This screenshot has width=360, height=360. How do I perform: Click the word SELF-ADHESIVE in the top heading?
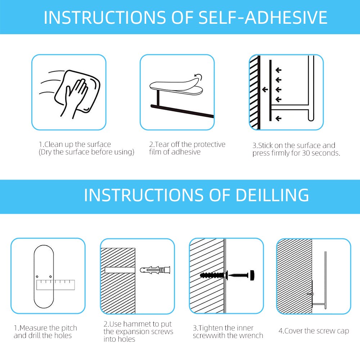click(x=263, y=17)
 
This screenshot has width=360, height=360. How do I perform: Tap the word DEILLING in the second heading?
click(x=272, y=195)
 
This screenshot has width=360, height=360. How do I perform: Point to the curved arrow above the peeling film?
click(x=198, y=77)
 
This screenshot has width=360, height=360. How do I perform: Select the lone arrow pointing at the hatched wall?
click(x=265, y=90)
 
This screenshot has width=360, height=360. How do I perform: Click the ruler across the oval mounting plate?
click(x=56, y=285)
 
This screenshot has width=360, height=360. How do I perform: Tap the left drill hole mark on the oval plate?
click(x=37, y=276)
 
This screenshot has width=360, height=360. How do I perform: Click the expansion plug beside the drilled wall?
click(x=155, y=270)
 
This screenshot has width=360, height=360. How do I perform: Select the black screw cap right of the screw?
click(x=252, y=275)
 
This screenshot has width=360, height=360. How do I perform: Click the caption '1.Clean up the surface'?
click(x=75, y=144)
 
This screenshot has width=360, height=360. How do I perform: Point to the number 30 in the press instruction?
click(x=306, y=153)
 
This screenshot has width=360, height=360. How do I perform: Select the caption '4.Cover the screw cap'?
click(x=314, y=331)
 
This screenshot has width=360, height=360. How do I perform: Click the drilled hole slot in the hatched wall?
click(x=120, y=270)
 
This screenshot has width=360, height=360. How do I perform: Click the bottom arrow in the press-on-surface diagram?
click(x=279, y=118)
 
